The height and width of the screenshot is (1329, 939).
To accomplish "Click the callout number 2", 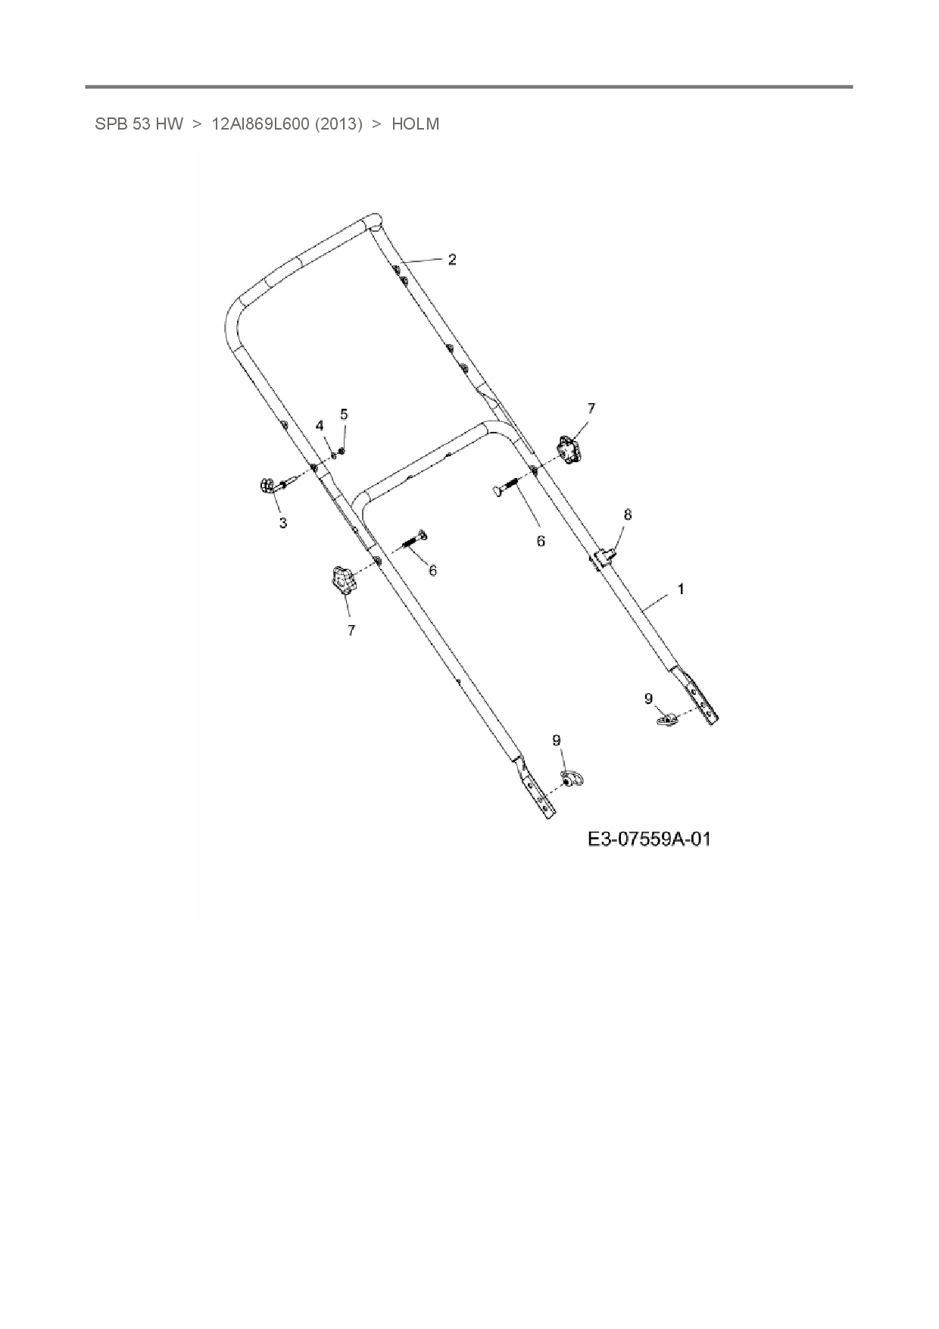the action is click(x=452, y=259).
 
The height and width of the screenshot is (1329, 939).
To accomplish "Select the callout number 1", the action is click(x=681, y=589).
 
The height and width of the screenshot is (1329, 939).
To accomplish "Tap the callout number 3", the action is click(x=282, y=523).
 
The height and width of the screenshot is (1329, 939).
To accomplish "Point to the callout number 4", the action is click(x=320, y=425).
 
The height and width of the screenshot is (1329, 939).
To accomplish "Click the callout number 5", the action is click(x=344, y=414).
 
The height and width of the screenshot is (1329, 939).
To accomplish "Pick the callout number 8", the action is click(x=627, y=514).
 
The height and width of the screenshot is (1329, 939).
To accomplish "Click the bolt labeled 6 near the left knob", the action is click(x=412, y=541).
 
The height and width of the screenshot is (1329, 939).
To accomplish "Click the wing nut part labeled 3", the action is click(x=268, y=485).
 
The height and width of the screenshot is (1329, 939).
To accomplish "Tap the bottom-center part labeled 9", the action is click(x=571, y=778).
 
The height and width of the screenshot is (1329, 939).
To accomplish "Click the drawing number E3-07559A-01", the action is click(x=649, y=840).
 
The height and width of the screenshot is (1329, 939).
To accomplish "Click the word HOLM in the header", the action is click(x=415, y=124).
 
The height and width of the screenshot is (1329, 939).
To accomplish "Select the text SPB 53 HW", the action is click(x=139, y=124).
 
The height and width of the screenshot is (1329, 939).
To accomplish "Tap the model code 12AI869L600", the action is click(x=260, y=124).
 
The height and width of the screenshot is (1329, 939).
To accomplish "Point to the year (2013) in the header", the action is click(x=338, y=124).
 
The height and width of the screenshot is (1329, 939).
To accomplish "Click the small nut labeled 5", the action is click(x=342, y=451).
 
